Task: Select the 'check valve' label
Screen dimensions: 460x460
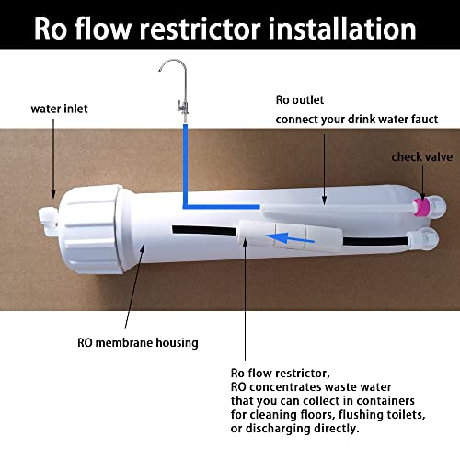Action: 421,157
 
